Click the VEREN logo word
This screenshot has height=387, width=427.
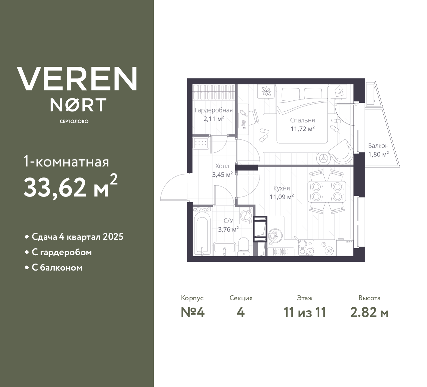77,78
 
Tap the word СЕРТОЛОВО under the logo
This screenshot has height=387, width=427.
74,121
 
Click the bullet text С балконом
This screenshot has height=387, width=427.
57,268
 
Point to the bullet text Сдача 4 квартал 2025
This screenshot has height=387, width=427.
77,237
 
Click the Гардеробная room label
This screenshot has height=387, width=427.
213,110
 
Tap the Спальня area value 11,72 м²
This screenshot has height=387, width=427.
302,129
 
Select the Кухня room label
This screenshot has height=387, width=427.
281,188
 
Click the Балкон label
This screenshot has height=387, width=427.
378,146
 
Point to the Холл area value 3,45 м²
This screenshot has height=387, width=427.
222,174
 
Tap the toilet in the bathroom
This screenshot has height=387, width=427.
244,246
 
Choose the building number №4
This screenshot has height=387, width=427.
192,312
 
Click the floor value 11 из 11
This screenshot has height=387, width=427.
305,312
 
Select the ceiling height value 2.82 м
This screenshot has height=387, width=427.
369,312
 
